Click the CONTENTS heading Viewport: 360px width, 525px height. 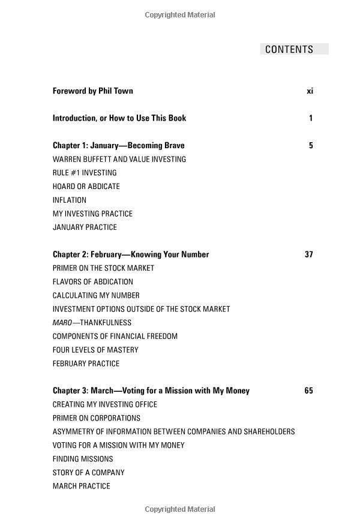(x=289, y=49)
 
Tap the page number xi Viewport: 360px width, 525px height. (x=310, y=91)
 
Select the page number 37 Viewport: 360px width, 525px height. (x=308, y=254)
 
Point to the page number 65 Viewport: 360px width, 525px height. (x=308, y=391)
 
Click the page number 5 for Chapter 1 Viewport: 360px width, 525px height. (x=311, y=146)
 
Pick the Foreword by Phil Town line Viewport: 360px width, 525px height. (x=92, y=91)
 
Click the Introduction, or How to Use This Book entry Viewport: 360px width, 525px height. (x=119, y=118)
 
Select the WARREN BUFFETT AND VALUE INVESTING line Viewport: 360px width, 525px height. (x=119, y=160)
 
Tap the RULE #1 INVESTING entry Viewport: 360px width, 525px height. (x=85, y=173)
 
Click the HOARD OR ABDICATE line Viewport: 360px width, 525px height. (x=86, y=187)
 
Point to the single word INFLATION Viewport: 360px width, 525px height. (x=70, y=200)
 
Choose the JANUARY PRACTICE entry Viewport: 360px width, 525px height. (x=85, y=227)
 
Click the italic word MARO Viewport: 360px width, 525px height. (x=62, y=323)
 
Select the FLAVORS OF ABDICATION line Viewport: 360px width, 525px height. (x=92, y=282)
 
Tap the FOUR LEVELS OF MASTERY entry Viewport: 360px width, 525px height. (x=95, y=350)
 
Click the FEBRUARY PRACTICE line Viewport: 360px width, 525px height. (x=86, y=364)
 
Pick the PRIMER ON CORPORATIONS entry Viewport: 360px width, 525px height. (x=96, y=418)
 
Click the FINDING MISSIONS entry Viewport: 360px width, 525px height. (x=83, y=459)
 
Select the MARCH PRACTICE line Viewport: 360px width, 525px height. (x=81, y=487)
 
